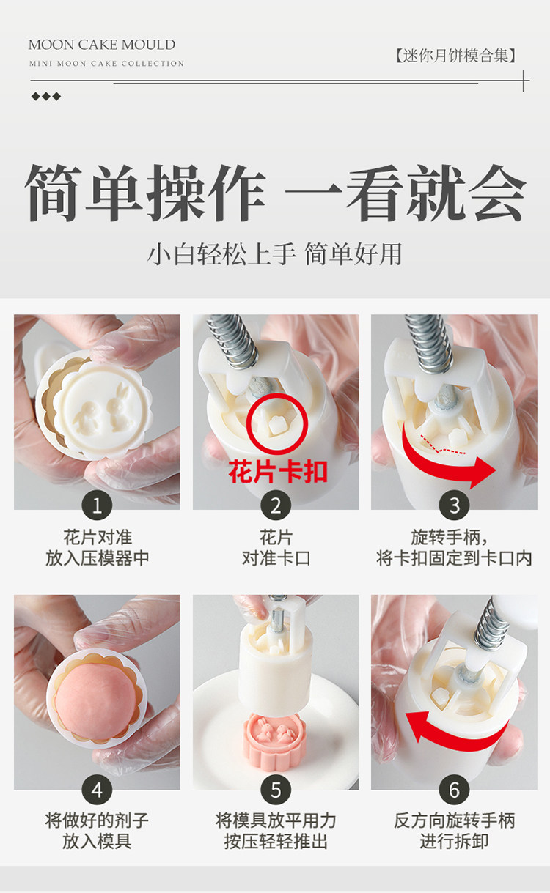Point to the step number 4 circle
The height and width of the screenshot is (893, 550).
click(x=97, y=790)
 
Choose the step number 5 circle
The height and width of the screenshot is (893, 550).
click(x=276, y=790)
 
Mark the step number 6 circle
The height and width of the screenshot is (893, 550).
click(x=454, y=790)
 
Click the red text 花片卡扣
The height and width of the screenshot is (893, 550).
click(x=278, y=472)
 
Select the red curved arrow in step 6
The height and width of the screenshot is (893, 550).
click(x=455, y=738)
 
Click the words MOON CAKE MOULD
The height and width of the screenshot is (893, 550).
click(x=102, y=45)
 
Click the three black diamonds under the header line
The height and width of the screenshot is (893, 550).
click(x=46, y=96)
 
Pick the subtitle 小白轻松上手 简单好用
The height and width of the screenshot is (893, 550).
click(x=274, y=254)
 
